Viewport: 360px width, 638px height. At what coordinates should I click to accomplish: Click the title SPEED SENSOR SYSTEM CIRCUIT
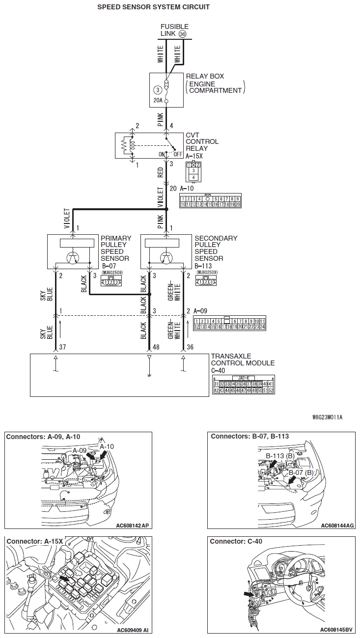point(153,7)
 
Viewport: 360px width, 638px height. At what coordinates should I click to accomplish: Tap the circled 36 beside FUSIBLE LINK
point(183,34)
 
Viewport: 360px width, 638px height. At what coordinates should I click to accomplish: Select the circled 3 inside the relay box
point(157,90)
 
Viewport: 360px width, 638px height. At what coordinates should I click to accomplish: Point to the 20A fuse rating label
point(157,101)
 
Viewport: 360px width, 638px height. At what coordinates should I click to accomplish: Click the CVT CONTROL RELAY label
point(202,141)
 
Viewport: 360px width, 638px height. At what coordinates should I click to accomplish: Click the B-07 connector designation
point(109,266)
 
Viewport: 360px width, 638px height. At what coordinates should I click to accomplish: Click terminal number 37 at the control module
point(63,347)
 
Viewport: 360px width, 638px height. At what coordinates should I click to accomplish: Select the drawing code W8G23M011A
point(327,417)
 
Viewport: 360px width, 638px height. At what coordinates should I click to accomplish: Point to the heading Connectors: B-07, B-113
point(249,436)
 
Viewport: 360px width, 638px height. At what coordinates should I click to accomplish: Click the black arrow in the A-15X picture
point(64,579)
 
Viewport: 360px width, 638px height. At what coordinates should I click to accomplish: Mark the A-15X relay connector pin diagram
point(194,171)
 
